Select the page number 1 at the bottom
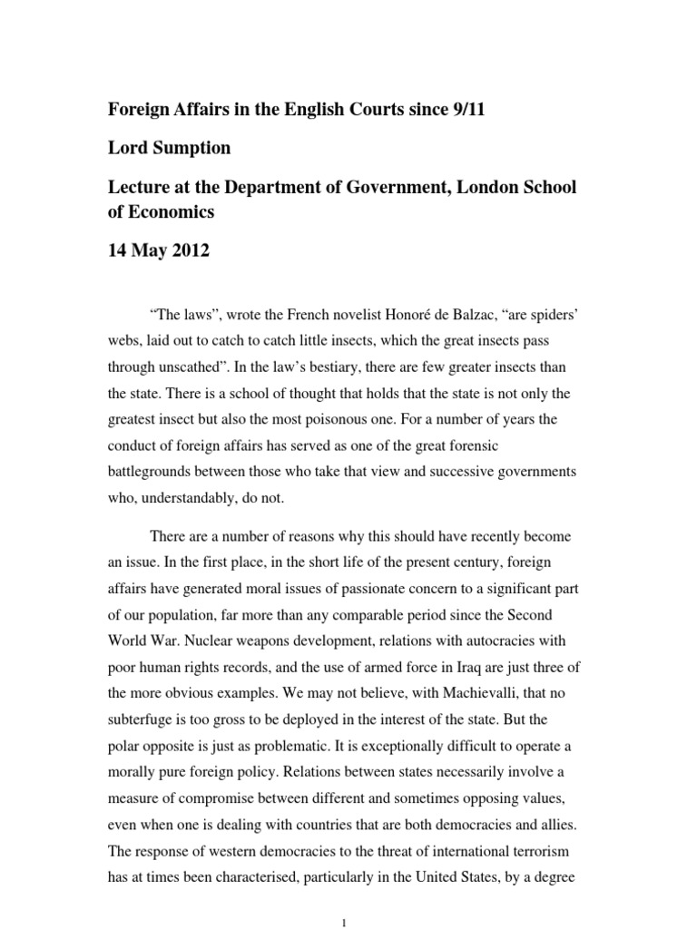[345, 922]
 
